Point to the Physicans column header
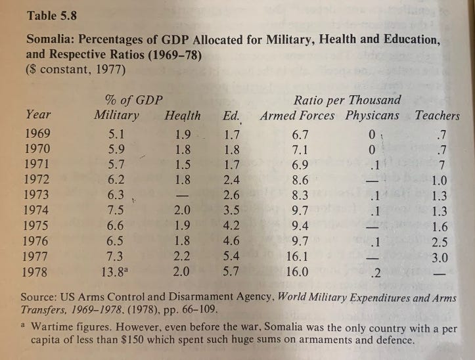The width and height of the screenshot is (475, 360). [x=372, y=116]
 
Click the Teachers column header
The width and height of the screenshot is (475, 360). [x=437, y=116]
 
